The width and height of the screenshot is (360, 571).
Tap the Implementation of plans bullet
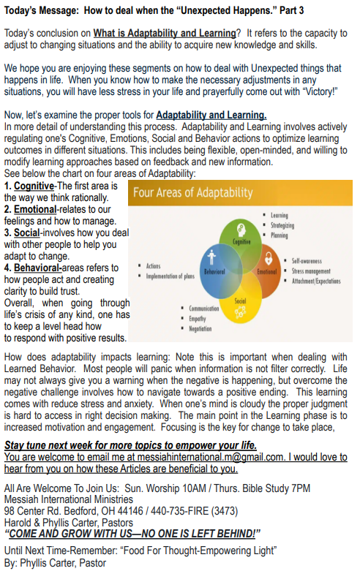(x=170, y=276)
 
